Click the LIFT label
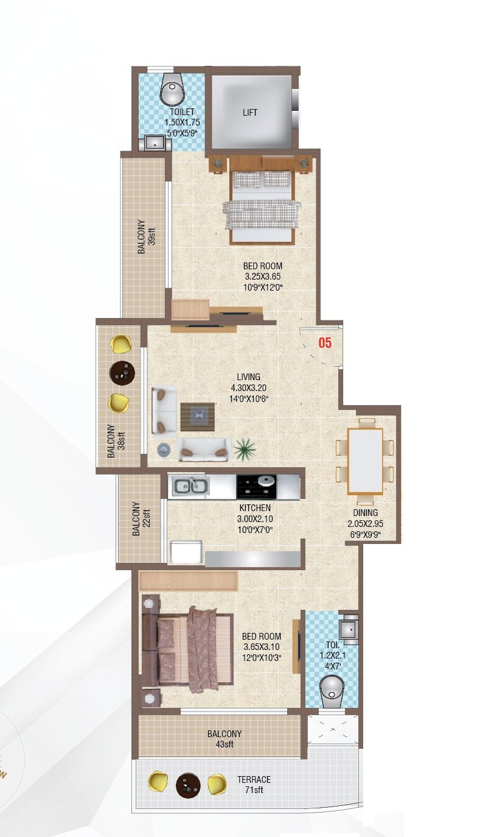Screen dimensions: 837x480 pos(249,113)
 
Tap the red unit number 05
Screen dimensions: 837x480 pos(325,343)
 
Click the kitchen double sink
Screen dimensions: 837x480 pos(189,486)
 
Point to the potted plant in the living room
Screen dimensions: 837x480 pos(244,450)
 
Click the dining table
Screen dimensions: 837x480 pos(365,460)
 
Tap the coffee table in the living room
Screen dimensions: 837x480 pos(198,416)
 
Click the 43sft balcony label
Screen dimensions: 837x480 pos(224,739)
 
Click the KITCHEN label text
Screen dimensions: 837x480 pos(255,507)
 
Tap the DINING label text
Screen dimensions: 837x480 pos(365,513)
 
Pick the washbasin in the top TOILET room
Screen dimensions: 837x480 pos(156,144)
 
